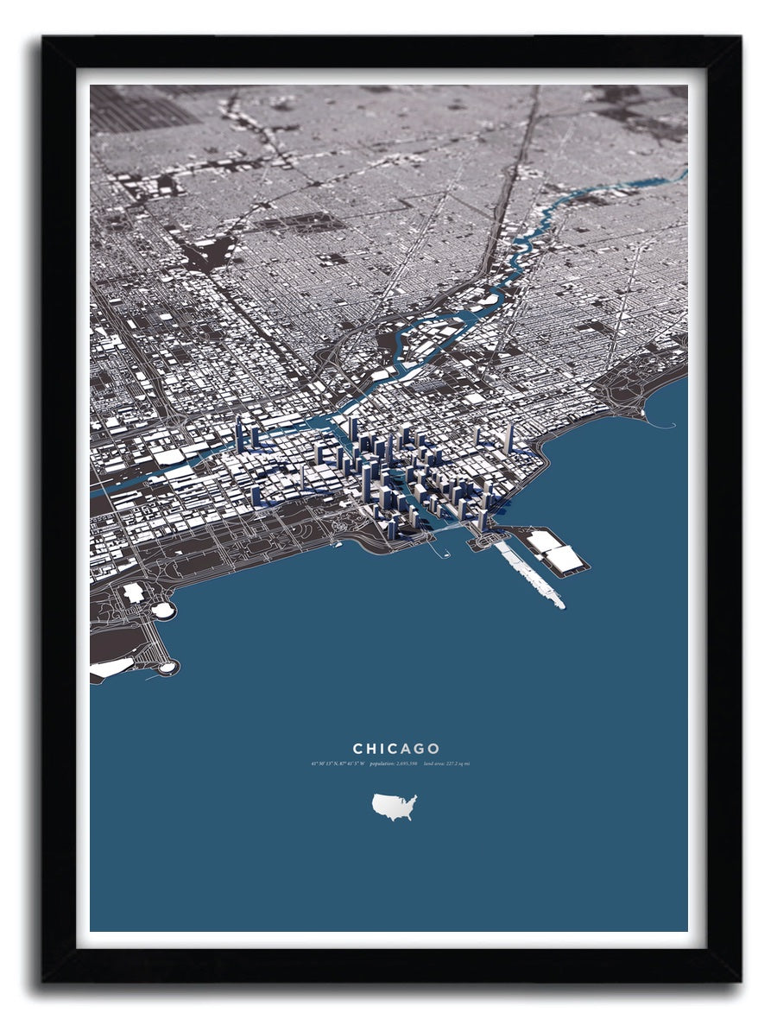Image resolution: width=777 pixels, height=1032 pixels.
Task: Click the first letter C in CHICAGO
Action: pyautogui.click(x=357, y=749)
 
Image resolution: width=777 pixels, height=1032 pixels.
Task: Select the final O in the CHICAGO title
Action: pyautogui.click(x=433, y=749)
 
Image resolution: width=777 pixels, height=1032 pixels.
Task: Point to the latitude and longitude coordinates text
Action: pyautogui.click(x=338, y=764)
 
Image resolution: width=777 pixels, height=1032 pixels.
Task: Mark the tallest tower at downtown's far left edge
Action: pyautogui.click(x=239, y=432)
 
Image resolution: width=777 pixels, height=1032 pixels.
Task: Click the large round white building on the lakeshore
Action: pyautogui.click(x=162, y=611)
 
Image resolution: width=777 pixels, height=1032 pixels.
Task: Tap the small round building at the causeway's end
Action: pyautogui.click(x=169, y=666)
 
